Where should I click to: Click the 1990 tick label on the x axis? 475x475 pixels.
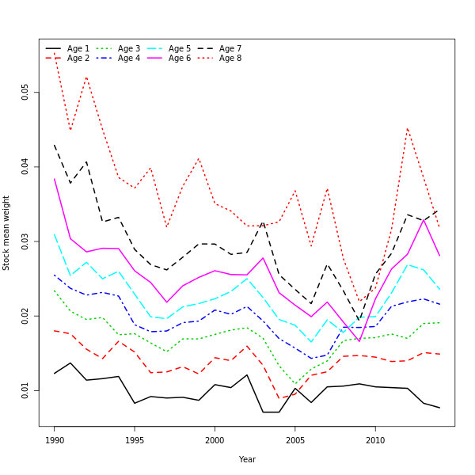pyautogui.click(x=55, y=439)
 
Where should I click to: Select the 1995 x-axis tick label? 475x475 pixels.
pyautogui.click(x=135, y=439)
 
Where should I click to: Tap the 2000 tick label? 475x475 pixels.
pyautogui.click(x=215, y=439)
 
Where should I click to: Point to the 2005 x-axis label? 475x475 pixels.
pyautogui.click(x=295, y=439)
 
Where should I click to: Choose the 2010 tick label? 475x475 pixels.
pyautogui.click(x=375, y=439)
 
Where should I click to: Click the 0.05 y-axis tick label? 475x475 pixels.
pyautogui.click(x=26, y=92)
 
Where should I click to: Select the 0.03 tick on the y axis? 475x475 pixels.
pyautogui.click(x=26, y=241)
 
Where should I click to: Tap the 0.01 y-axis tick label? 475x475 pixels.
pyautogui.click(x=26, y=390)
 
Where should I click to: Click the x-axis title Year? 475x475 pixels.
pyautogui.click(x=247, y=459)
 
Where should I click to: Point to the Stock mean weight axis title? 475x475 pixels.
pyautogui.click(x=7, y=233)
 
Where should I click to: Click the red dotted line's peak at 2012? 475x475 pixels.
pyautogui.click(x=408, y=127)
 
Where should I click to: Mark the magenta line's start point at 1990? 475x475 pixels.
pyautogui.click(x=55, y=179)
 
